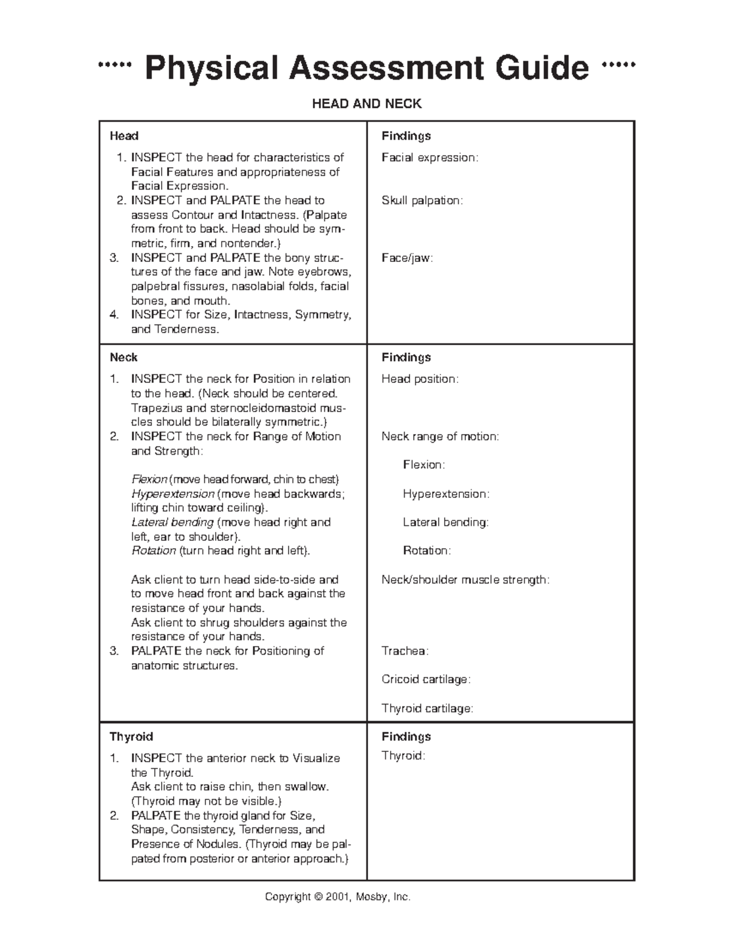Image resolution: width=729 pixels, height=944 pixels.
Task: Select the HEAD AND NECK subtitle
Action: [366, 104]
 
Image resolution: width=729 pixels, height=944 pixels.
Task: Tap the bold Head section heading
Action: [124, 136]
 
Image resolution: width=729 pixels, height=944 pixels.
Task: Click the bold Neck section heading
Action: [123, 357]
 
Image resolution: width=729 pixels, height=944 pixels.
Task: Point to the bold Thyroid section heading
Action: [131, 737]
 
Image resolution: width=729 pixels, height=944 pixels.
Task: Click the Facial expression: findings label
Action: [430, 158]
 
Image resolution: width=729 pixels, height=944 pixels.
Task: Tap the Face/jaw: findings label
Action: [407, 258]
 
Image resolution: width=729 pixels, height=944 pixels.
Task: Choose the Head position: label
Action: [420, 379]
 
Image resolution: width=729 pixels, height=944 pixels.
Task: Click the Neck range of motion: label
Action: [440, 436]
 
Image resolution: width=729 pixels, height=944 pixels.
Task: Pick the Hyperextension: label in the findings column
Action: [446, 494]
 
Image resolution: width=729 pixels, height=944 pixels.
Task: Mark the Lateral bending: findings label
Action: [445, 522]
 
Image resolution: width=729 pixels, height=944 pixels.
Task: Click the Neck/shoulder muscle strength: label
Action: [465, 580]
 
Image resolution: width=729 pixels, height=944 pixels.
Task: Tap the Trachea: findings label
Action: [405, 651]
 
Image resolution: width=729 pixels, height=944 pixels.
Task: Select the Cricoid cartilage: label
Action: [426, 680]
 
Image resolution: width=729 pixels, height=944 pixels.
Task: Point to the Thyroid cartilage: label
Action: [427, 708]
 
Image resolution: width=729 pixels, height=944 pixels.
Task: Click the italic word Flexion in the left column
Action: [149, 480]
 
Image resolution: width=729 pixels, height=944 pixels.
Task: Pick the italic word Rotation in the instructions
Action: [154, 551]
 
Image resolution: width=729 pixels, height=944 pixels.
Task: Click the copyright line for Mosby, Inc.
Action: [338, 897]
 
